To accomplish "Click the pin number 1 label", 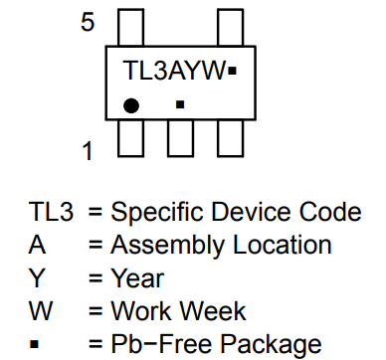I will pyautogui.click(x=88, y=151).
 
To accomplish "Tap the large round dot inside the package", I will pyautogui.click(x=130, y=104).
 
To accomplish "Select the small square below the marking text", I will pyautogui.click(x=180, y=103).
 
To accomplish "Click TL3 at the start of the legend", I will pyautogui.click(x=51, y=212).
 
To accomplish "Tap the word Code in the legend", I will pyautogui.click(x=328, y=212).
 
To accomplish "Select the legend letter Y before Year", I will pyautogui.click(x=37, y=278).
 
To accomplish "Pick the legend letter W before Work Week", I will pyautogui.click(x=41, y=312).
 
